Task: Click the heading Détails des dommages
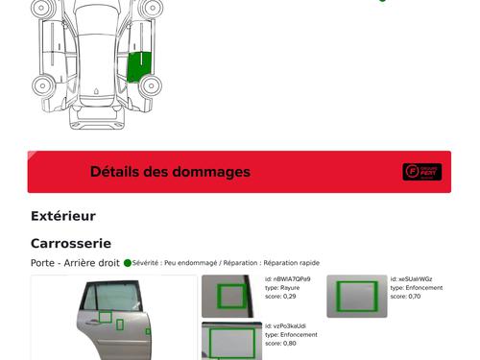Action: pos(170,172)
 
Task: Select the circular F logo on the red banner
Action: pos(413,172)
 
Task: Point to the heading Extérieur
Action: pos(63,216)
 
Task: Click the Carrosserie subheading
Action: pos(71,244)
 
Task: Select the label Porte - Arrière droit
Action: pos(75,263)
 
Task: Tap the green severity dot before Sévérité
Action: pos(128,262)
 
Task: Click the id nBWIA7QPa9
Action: pos(288,279)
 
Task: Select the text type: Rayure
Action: pos(282,288)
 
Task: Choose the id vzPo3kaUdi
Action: pos(285,326)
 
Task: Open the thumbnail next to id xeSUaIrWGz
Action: pos(355,296)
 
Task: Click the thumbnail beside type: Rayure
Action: pos(231,296)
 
